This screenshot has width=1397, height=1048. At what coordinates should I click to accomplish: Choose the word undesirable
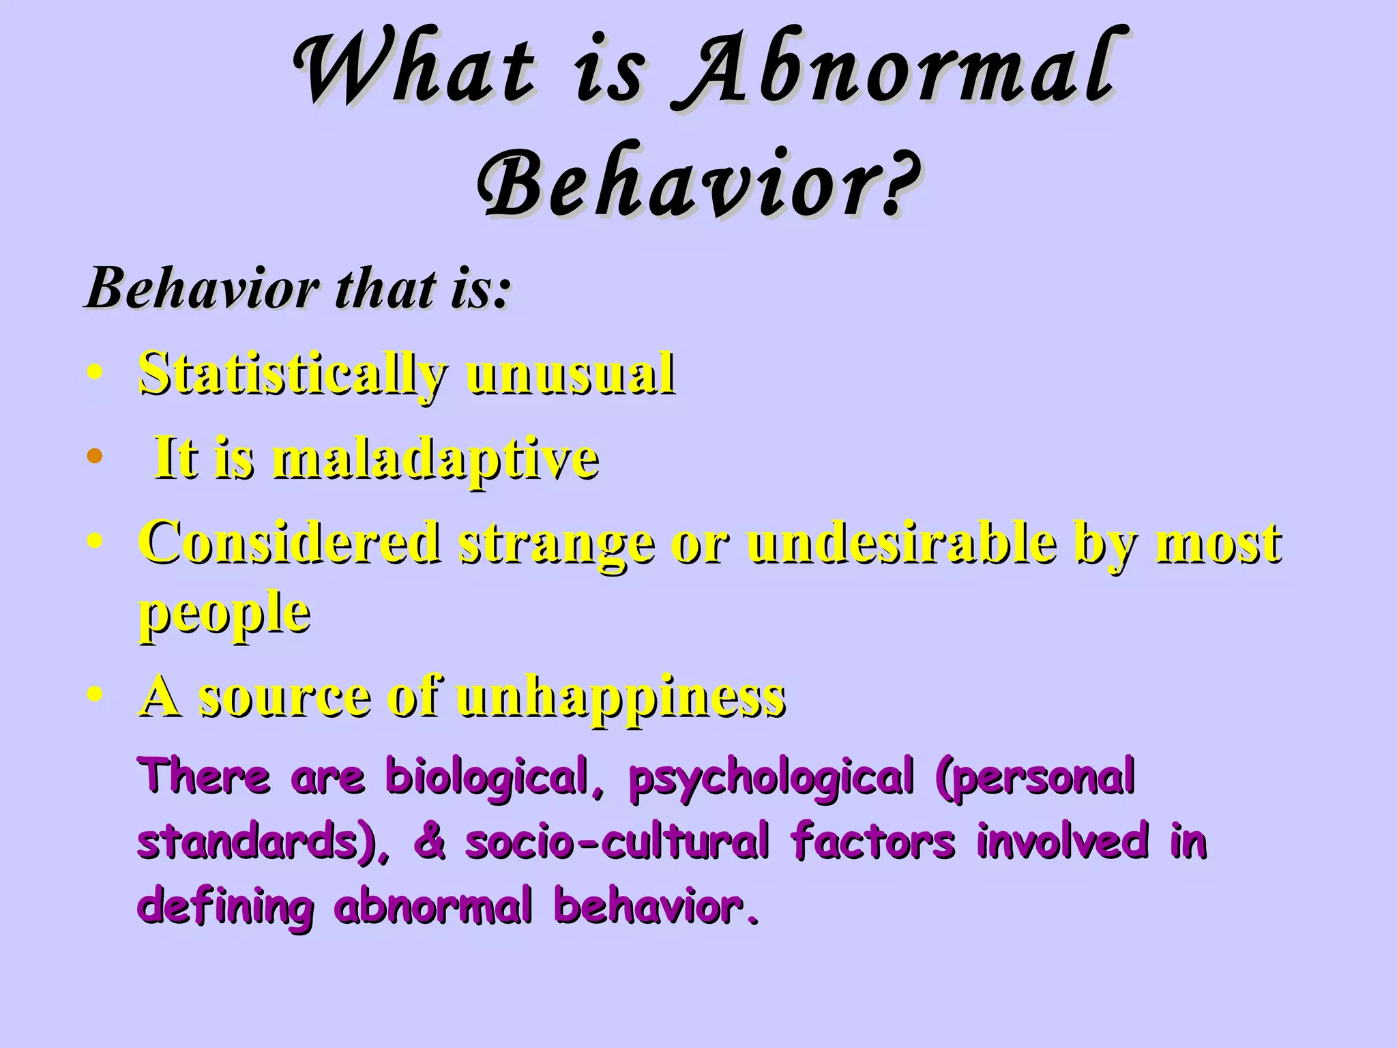901,542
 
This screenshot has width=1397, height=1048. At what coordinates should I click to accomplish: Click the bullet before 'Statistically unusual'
95,373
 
